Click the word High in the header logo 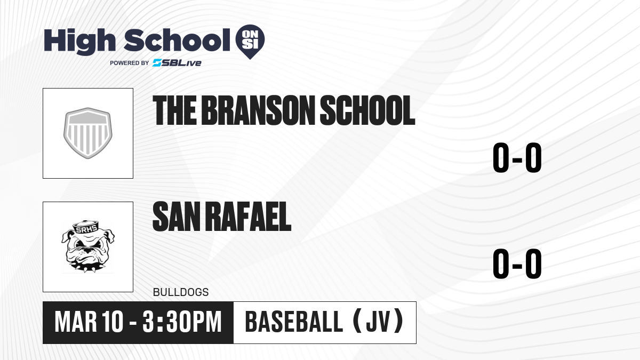tap(79, 42)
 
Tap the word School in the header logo tap(177, 41)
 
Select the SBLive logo tap(177, 63)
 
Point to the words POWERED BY tap(129, 63)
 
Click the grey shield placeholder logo tap(88, 133)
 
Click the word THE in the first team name tap(174, 110)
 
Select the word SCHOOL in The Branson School tap(367, 110)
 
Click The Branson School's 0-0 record tap(517, 157)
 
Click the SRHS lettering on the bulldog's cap tap(86, 229)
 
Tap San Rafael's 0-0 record tap(517, 263)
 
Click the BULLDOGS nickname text tap(181, 292)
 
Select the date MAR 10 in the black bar tap(89, 322)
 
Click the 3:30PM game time tap(182, 322)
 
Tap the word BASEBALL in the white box tap(294, 322)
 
